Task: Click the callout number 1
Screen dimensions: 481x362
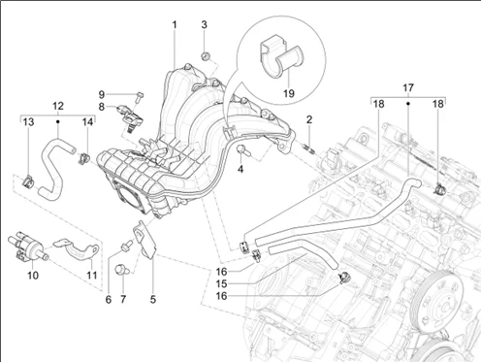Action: point(175,24)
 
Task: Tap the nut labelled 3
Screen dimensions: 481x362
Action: point(206,56)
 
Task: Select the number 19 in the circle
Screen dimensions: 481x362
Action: point(289,93)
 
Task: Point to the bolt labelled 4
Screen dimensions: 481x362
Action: point(242,150)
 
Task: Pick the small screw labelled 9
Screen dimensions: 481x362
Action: point(140,96)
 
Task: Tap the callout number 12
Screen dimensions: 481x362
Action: point(58,106)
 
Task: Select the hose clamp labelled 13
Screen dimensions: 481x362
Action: point(27,181)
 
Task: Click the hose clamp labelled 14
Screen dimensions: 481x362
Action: point(84,158)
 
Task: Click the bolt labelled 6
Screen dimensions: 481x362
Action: point(127,246)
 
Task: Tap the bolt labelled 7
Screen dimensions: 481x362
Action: point(123,270)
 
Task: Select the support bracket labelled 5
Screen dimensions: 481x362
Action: point(144,240)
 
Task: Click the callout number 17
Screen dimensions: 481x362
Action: point(408,87)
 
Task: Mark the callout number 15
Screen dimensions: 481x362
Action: point(221,283)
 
